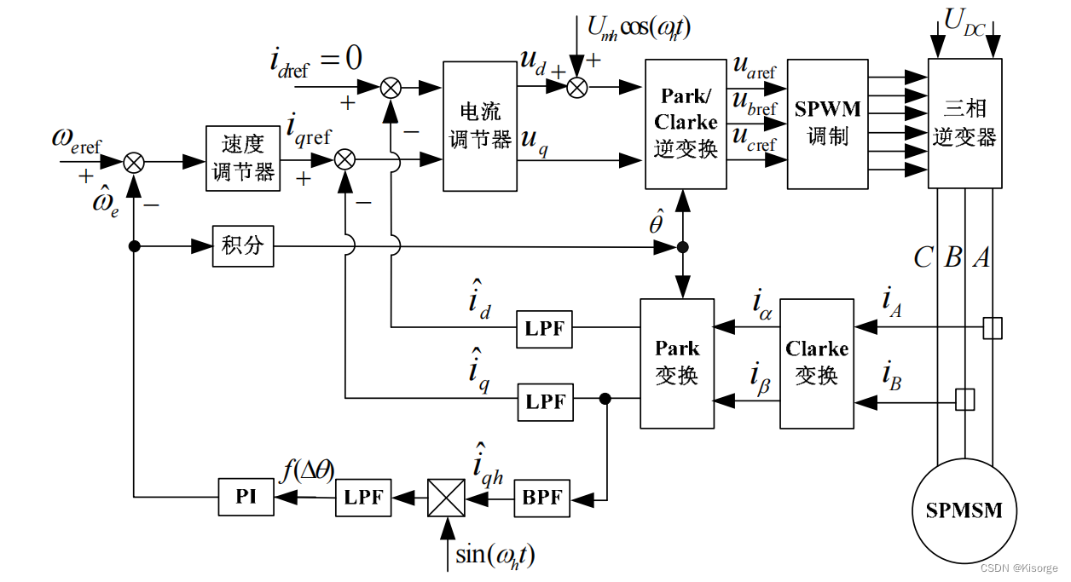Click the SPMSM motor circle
[964, 510]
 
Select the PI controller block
[246, 497]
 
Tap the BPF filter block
[541, 497]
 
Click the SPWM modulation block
[827, 124]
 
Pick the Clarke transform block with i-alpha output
[817, 362]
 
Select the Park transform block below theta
[677, 362]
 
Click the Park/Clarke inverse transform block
[686, 124]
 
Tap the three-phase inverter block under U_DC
[964, 124]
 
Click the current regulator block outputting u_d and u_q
[480, 125]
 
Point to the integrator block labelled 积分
[243, 246]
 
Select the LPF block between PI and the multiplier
[364, 497]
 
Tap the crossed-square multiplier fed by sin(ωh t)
[446, 497]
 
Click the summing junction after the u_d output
[577, 86]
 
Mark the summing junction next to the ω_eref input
[134, 161]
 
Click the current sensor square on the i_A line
[992, 328]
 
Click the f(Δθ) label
[308, 470]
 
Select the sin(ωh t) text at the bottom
[495, 556]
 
